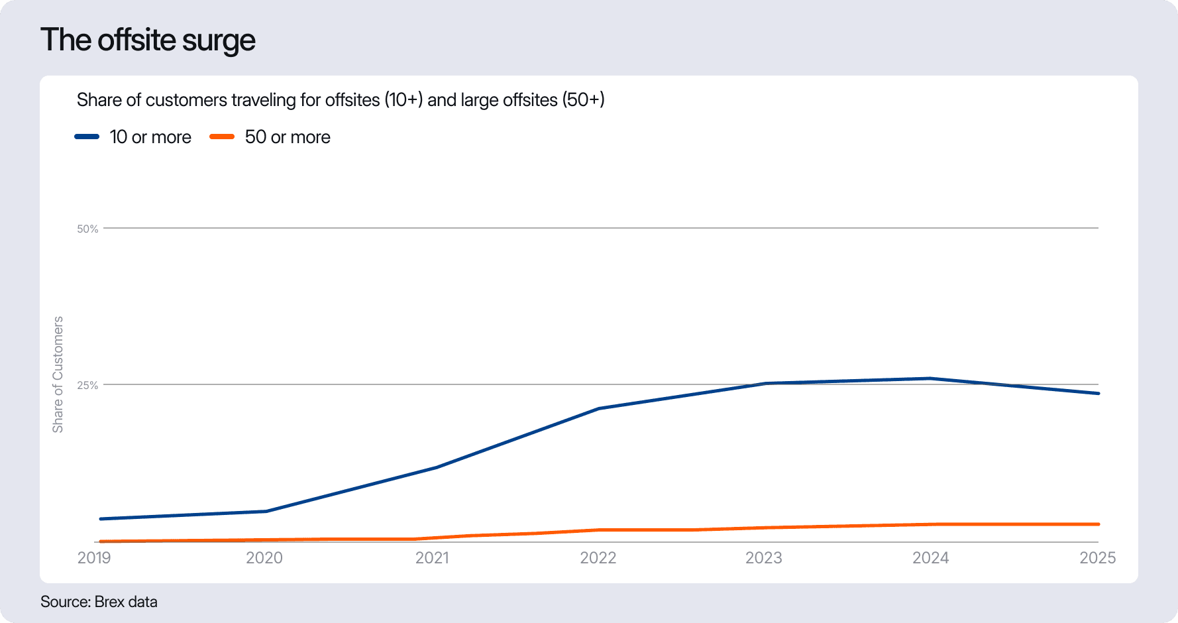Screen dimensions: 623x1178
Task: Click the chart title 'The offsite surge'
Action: tap(148, 40)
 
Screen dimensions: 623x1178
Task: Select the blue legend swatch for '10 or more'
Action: tap(87, 137)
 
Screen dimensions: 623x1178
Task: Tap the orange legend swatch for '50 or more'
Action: tap(222, 137)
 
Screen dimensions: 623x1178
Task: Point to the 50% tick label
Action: tap(87, 229)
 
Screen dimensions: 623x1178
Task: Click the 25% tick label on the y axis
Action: tap(87, 385)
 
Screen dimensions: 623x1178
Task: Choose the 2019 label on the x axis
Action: tap(94, 558)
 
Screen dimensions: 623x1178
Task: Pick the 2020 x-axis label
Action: tap(264, 558)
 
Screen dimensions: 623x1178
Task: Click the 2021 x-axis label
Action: tap(432, 558)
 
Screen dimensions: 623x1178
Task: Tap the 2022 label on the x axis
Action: tap(598, 558)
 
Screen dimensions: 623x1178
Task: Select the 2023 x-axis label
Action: tap(764, 558)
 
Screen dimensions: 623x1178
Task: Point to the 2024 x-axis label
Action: tap(931, 558)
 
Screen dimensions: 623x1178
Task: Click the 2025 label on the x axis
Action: tap(1098, 558)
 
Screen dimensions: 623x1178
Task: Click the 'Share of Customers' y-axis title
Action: tap(58, 374)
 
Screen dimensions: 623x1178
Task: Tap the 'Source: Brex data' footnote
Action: tap(99, 602)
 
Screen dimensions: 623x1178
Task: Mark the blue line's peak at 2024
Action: tap(931, 378)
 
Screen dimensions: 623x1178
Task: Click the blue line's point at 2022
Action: tap(598, 408)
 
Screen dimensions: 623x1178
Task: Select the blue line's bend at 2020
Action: tap(266, 511)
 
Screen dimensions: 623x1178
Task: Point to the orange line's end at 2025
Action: tap(1098, 524)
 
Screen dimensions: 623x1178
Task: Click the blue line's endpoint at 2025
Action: tap(1098, 394)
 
